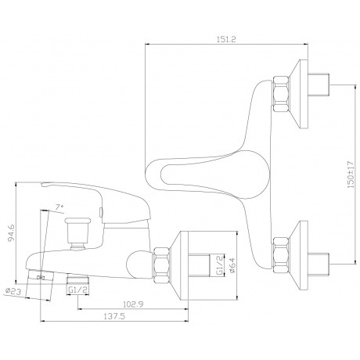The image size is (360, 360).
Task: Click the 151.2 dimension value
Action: tap(226, 39)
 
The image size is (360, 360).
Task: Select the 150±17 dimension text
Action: tap(351, 175)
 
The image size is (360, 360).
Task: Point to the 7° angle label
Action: tap(59, 207)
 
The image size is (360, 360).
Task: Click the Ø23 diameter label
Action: tap(13, 290)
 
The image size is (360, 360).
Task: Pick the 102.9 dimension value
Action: tap(133, 304)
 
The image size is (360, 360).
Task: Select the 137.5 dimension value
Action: tap(114, 316)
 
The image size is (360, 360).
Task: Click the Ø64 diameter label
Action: tap(232, 265)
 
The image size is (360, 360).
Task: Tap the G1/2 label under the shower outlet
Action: tap(77, 290)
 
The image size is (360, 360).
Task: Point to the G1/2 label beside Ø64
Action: tap(220, 265)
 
